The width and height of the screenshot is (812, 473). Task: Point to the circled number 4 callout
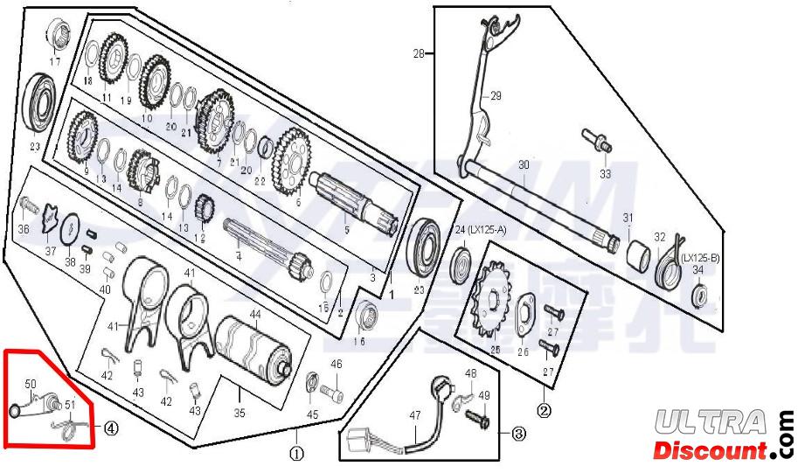pos(111,428)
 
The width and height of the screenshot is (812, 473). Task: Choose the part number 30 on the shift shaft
pos(524,164)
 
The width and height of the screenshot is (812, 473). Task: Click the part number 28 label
pos(419,54)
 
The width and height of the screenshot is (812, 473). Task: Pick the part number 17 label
pos(55,62)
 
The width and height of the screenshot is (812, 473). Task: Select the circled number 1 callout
pos(296,455)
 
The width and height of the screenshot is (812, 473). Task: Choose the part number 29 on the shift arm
pos(496,96)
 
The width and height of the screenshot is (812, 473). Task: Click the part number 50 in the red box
pos(30,384)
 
